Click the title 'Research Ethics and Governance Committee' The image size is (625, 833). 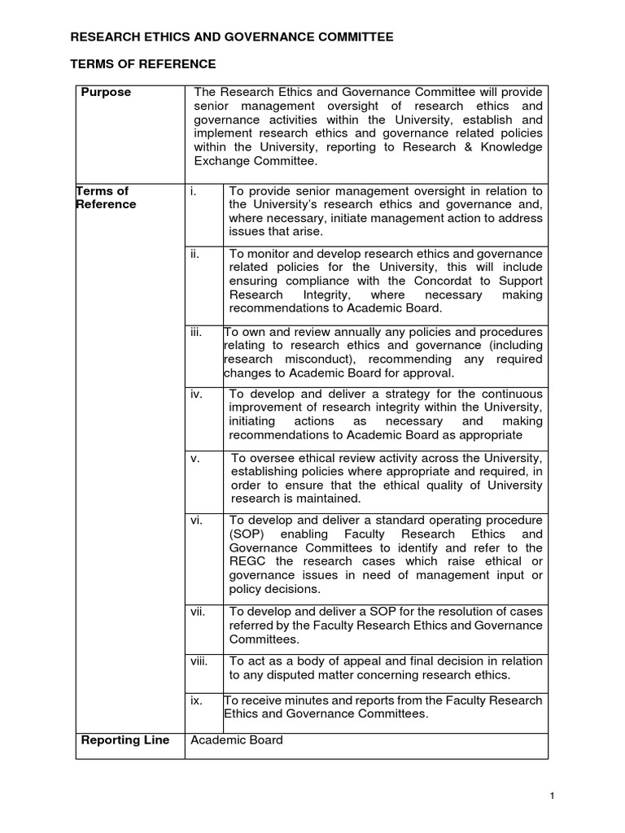pyautogui.click(x=232, y=37)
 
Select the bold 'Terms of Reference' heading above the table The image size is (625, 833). pyautogui.click(x=144, y=63)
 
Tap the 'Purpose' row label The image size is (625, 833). pyautogui.click(x=106, y=93)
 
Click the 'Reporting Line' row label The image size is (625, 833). pyautogui.click(x=125, y=740)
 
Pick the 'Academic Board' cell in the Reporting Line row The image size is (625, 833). pyautogui.click(x=236, y=740)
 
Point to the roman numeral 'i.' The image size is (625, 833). pyautogui.click(x=193, y=191)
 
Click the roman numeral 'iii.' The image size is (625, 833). pyautogui.click(x=195, y=332)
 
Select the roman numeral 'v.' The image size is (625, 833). pyautogui.click(x=194, y=459)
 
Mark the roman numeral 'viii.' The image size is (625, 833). pyautogui.click(x=199, y=661)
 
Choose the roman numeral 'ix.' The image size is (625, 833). pyautogui.click(x=195, y=700)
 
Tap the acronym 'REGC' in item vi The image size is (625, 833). pyautogui.click(x=247, y=562)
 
